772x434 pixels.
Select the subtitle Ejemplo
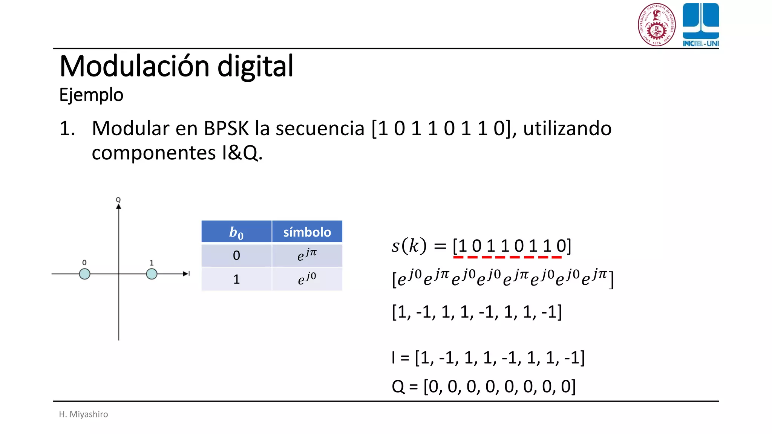pos(91,95)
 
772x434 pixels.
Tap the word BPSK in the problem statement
pos(226,128)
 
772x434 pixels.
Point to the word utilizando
pos(567,128)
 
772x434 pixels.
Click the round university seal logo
pos(657,25)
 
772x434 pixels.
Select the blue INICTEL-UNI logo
pos(701,25)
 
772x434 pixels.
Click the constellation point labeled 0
pos(85,274)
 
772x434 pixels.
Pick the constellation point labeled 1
pos(152,274)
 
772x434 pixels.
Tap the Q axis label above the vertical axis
pos(118,200)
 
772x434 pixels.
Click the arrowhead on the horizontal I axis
pos(186,274)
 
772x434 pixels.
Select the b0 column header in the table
pos(236,232)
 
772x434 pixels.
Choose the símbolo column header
pos(307,232)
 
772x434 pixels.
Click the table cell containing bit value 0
pos(236,255)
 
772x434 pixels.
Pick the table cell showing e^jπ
pos(307,255)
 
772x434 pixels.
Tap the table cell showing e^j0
pos(307,279)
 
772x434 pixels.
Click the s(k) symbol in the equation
pos(409,246)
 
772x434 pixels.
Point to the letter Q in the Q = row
pos(398,387)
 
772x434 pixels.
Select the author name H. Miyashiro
pos(83,414)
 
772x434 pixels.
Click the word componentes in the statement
pos(153,153)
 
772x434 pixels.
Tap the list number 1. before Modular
pos(67,128)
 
